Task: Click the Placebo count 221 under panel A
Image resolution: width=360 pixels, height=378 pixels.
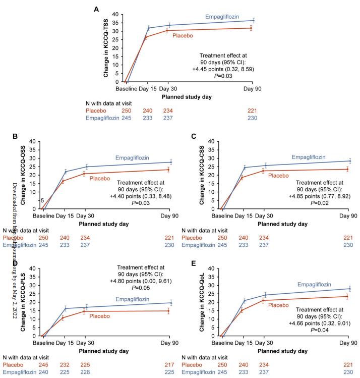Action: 252,110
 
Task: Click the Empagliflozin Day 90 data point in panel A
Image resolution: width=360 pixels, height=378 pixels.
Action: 253,21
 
